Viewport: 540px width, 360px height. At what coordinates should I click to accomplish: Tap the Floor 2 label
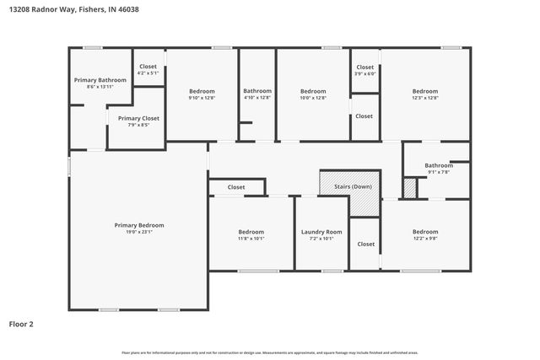tap(21, 323)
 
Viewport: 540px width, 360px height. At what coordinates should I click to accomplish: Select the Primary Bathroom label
tap(100, 80)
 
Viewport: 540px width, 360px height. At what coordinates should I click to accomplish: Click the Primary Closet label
tap(138, 119)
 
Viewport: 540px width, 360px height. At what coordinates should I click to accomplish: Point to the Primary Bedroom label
tap(139, 225)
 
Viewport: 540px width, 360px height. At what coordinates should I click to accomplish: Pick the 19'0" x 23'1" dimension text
tap(139, 233)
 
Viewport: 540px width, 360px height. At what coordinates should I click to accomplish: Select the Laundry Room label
tap(321, 232)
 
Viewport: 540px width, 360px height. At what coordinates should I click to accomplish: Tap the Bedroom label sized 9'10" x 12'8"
tap(202, 91)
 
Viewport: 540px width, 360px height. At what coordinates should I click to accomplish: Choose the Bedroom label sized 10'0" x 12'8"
tap(313, 91)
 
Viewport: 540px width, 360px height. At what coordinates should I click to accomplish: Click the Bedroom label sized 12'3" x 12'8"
tap(424, 91)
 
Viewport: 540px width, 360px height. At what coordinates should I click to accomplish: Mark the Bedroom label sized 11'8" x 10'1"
tap(251, 232)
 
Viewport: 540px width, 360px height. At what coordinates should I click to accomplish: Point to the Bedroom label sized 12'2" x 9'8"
tap(424, 232)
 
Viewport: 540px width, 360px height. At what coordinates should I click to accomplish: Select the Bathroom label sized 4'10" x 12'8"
tap(257, 91)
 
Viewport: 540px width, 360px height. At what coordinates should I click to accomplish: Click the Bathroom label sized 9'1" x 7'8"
tap(438, 165)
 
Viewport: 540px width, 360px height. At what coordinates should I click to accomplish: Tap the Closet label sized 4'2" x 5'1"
tap(148, 67)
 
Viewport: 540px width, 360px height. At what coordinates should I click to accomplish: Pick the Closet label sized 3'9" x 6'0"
tap(364, 67)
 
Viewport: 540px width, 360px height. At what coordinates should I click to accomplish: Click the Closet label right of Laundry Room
tap(365, 244)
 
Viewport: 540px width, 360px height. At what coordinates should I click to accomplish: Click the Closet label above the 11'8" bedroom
tap(236, 187)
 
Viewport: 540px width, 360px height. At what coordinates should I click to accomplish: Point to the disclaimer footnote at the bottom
tap(269, 352)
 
